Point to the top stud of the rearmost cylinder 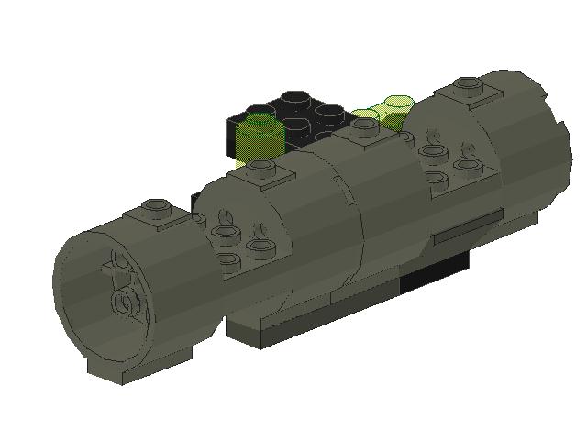click(x=469, y=87)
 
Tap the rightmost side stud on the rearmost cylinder click(x=469, y=166)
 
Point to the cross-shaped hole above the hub click(x=116, y=268)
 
